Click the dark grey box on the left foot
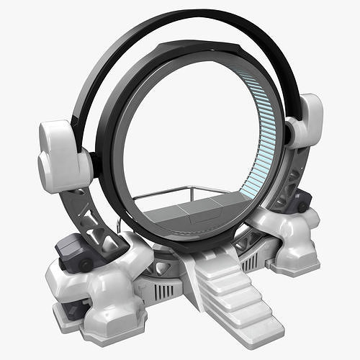pos(74,254)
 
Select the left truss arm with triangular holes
pos(94,212)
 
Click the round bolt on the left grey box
pos(85,265)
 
